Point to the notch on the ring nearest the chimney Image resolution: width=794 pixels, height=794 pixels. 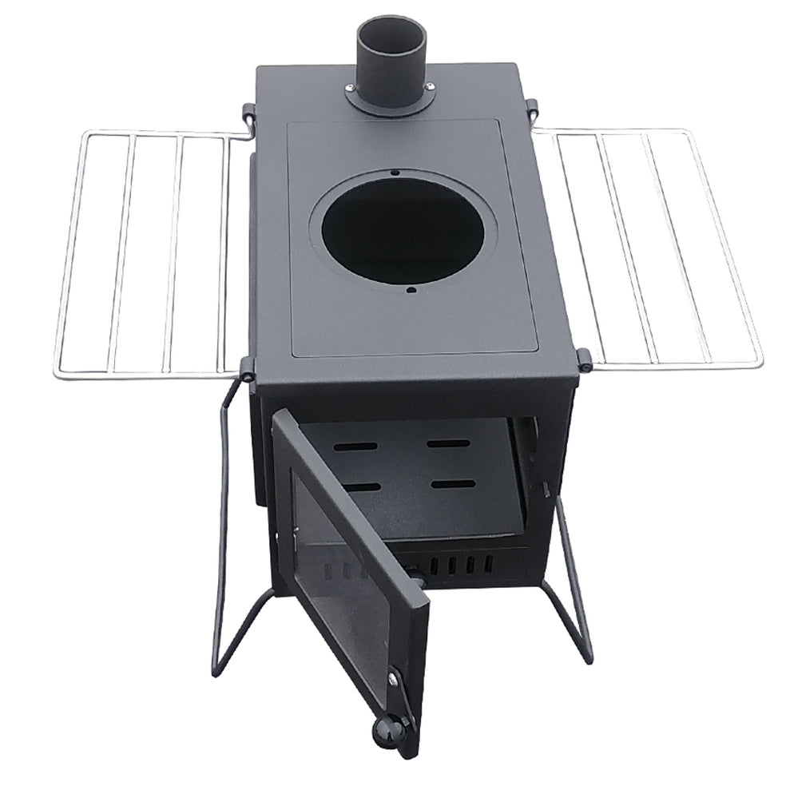(395, 172)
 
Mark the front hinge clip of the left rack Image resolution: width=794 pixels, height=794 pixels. (247, 368)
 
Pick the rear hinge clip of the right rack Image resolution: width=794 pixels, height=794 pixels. (531, 106)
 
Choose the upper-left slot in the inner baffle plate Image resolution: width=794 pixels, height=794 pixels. (357, 448)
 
